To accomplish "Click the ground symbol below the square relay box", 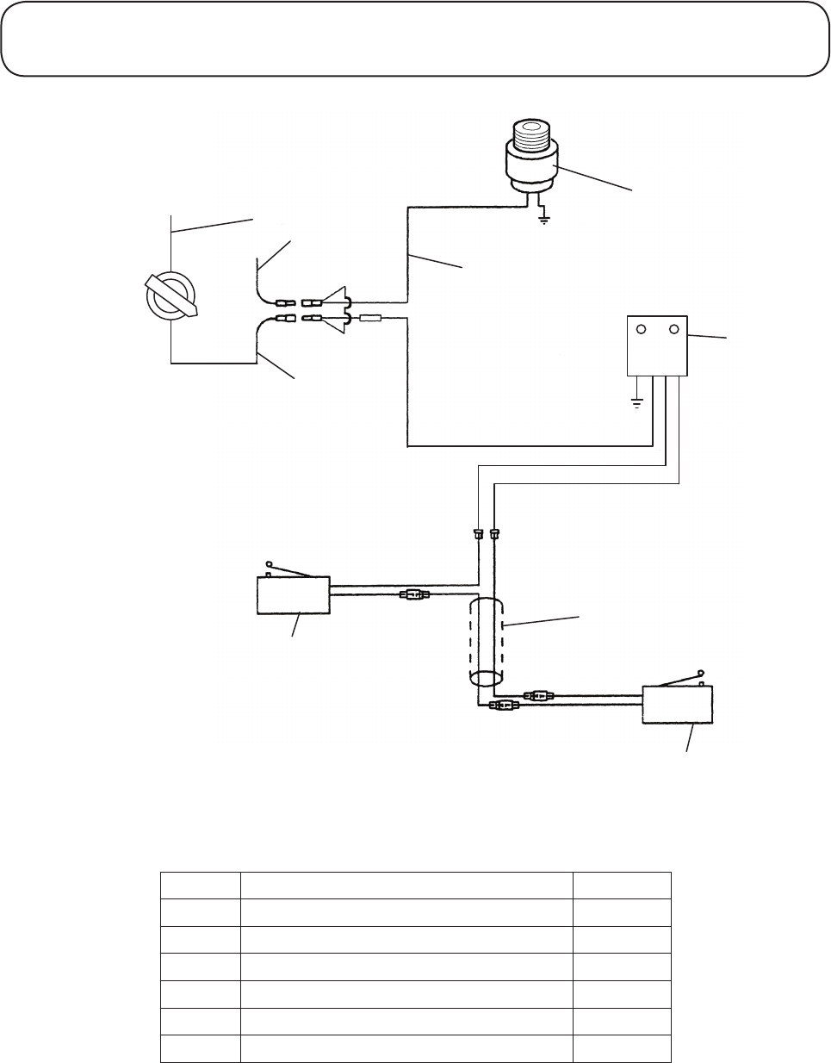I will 636,403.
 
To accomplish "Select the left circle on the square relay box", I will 641,329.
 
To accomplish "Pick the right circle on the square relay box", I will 674,329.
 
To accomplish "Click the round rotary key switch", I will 171,297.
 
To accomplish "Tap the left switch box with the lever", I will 293,595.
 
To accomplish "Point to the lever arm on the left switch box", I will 288,569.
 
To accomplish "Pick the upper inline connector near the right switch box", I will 538,693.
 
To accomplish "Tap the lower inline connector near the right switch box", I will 503,706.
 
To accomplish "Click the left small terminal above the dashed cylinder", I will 478,535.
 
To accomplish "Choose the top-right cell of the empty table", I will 622,886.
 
